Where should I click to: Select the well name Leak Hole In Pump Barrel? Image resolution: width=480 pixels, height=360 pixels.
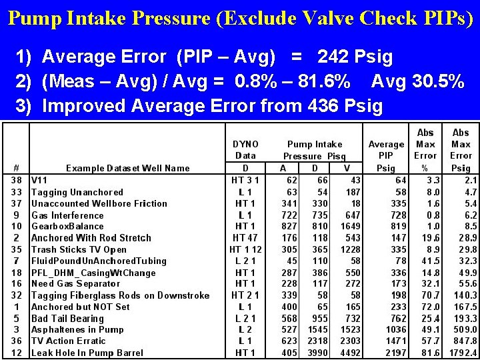87,353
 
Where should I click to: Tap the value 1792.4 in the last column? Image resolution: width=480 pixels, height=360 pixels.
463,353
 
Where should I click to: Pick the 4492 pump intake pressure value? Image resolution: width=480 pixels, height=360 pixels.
351,353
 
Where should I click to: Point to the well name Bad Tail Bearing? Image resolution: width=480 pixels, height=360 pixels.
67,318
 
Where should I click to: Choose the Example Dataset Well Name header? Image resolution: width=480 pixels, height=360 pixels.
128,168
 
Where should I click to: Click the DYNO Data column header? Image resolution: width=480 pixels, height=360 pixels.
245,150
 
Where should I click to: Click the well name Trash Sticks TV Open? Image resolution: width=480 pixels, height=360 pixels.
79,249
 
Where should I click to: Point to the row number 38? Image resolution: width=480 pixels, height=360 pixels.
17,181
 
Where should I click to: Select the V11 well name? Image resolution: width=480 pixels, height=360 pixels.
40,181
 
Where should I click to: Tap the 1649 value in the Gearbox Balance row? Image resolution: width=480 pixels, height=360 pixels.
351,227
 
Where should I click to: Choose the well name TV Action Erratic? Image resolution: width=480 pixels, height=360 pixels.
69,341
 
